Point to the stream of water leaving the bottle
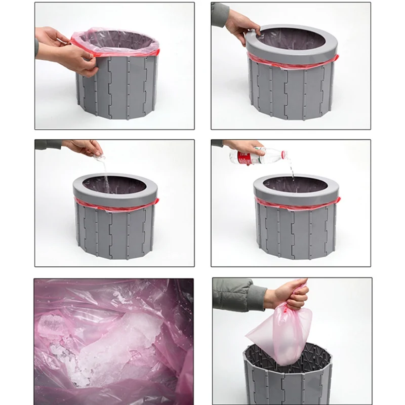click(293, 170)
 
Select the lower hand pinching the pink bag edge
click(78, 60)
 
